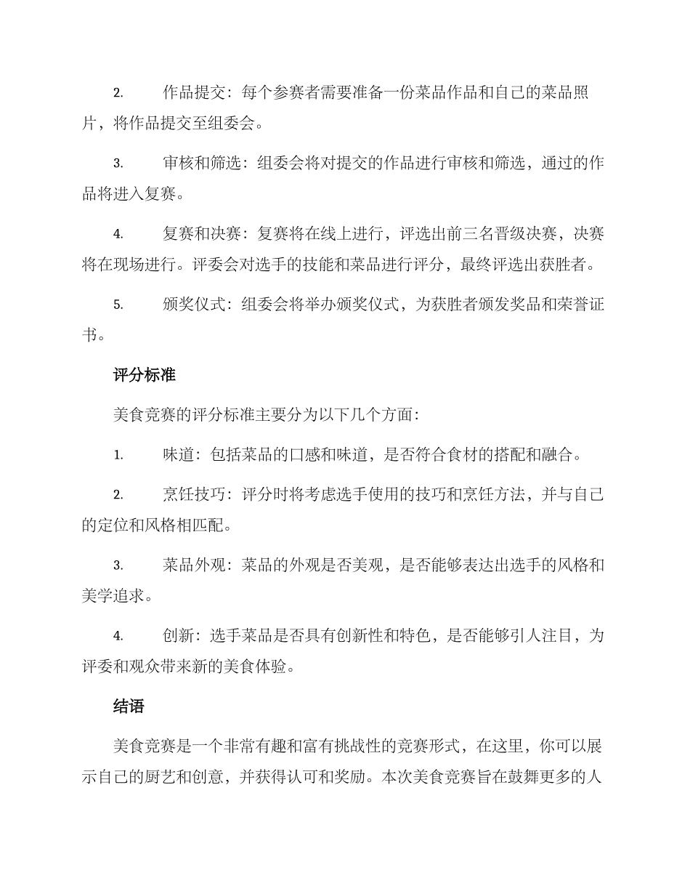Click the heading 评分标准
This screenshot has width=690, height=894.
tap(145, 375)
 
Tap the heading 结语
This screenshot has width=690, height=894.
tap(129, 705)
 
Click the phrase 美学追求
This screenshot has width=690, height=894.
tap(114, 596)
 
